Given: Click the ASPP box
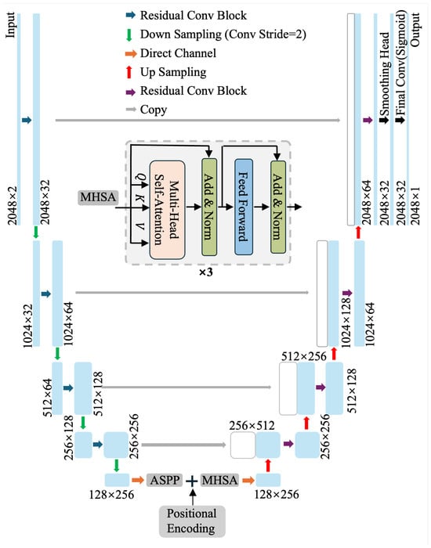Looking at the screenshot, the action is click(x=165, y=480).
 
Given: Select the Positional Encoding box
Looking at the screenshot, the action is click(x=192, y=521).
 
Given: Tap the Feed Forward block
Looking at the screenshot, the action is click(x=244, y=207).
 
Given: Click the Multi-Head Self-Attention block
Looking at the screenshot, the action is click(x=167, y=210).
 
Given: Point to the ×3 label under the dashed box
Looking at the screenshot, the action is click(x=205, y=272).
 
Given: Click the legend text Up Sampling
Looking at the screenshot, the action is click(x=173, y=72).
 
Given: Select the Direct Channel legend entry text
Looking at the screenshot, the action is click(x=178, y=53).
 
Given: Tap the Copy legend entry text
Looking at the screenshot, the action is click(x=154, y=110).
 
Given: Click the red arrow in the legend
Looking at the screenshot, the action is click(x=129, y=72).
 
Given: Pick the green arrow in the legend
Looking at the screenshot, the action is click(x=129, y=34).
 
